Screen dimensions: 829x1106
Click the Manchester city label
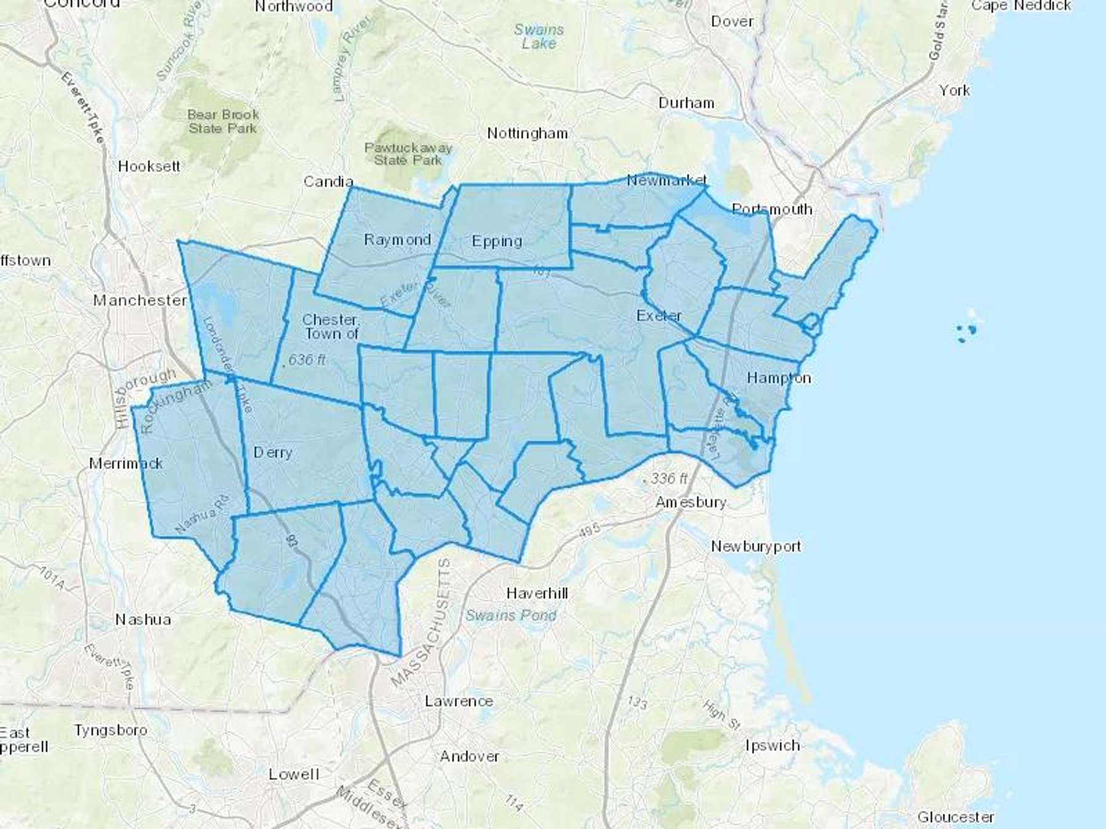140,300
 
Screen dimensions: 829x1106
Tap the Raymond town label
398,239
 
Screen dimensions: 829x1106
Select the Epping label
497,241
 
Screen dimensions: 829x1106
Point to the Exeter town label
659,316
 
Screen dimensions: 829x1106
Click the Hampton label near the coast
779,378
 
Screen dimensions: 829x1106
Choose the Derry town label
273,453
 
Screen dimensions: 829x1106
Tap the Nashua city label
143,619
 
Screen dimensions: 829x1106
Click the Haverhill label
537,593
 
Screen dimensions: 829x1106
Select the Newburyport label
756,546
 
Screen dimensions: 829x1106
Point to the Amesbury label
691,502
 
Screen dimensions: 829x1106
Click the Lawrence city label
459,701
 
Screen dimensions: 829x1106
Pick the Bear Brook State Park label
223,121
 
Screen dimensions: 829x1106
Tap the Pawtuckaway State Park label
408,154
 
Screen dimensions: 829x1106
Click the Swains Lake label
539,36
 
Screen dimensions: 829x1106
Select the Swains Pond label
511,615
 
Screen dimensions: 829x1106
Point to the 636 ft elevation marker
305,359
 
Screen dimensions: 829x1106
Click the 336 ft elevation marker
667,478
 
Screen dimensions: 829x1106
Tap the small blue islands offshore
967,332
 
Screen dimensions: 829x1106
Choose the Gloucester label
955,817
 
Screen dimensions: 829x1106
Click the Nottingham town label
528,133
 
